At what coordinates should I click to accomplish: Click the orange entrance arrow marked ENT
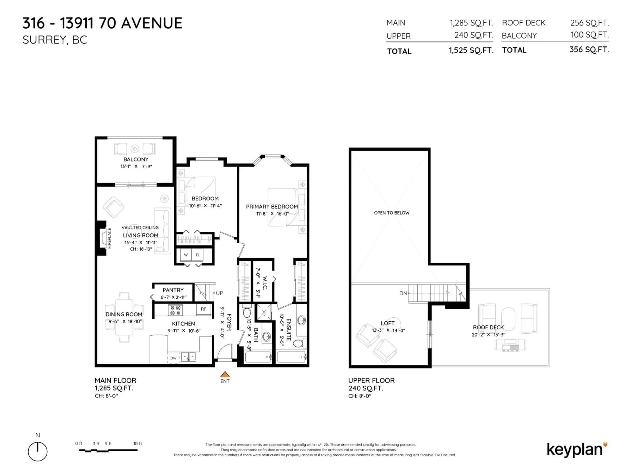(x=225, y=374)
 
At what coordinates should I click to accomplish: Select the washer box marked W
(x=186, y=255)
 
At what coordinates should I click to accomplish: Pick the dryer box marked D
(x=197, y=255)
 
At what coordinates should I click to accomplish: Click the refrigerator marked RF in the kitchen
(x=203, y=309)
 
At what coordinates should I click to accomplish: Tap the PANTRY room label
(x=173, y=290)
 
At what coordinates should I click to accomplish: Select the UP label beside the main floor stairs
(x=219, y=293)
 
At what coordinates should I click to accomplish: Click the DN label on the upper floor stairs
(x=403, y=293)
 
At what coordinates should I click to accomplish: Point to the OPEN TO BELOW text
(x=392, y=213)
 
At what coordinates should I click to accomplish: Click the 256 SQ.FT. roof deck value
(x=589, y=23)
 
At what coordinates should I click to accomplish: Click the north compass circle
(x=38, y=452)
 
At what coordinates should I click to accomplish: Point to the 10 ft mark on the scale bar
(x=138, y=444)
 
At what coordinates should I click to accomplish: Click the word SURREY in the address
(x=44, y=40)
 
